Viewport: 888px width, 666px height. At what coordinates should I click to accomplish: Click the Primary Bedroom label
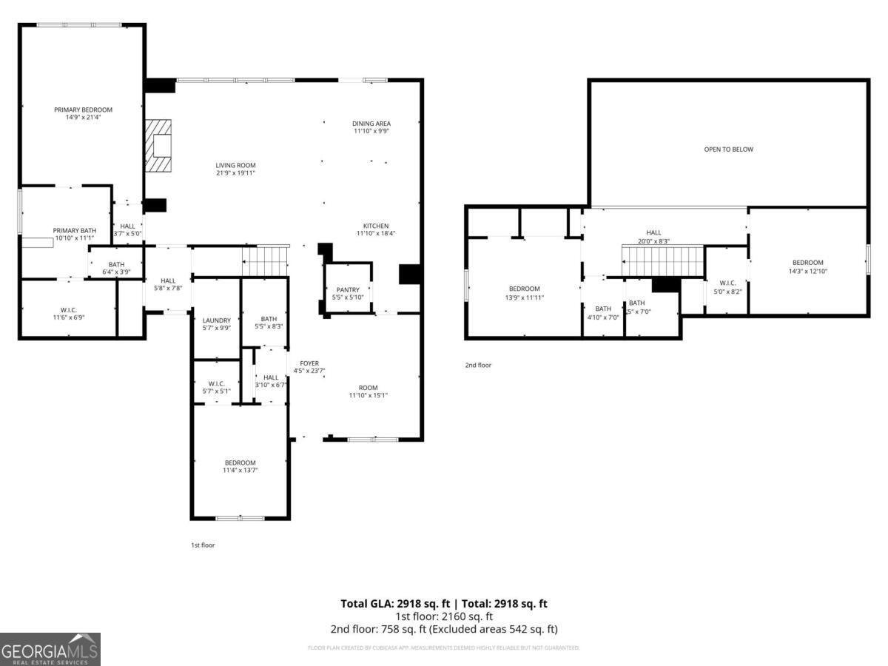[x=83, y=110]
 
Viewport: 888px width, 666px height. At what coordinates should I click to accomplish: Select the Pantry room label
[x=347, y=289]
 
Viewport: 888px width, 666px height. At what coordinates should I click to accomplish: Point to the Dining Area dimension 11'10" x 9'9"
[x=371, y=131]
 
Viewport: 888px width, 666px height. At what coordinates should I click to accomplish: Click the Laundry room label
[x=217, y=320]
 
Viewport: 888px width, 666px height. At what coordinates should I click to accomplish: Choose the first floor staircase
[x=265, y=260]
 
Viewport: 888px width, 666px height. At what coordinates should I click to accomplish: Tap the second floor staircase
[x=662, y=260]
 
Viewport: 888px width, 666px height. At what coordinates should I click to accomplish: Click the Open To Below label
[x=728, y=149]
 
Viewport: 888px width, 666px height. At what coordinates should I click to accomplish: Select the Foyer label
[x=309, y=363]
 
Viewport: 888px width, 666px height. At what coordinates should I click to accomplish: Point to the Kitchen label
[x=376, y=226]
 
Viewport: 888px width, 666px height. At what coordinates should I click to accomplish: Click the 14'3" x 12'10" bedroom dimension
[x=807, y=271]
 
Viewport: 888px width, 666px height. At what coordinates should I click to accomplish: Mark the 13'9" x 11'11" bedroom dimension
[x=524, y=297]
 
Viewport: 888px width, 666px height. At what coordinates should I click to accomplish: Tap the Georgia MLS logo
[x=50, y=649]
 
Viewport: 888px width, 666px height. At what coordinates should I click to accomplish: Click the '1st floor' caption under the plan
[x=203, y=545]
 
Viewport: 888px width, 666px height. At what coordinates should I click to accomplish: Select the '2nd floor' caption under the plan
[x=478, y=365]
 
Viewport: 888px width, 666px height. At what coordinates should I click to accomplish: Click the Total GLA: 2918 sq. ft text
[x=395, y=604]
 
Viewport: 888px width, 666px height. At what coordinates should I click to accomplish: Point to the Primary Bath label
[x=74, y=230]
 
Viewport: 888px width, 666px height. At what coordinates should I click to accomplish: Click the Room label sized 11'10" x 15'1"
[x=368, y=388]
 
